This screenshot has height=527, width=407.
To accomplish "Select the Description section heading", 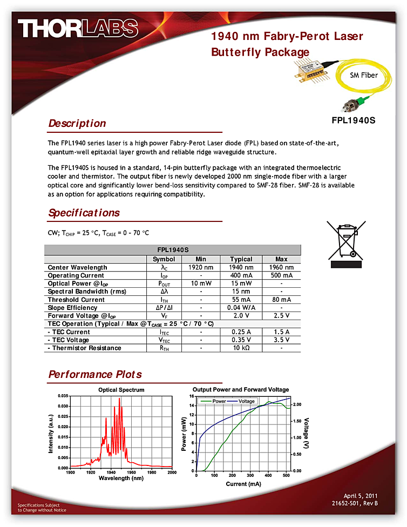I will coord(77,123).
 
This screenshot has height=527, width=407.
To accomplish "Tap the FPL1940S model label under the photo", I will coord(353,120).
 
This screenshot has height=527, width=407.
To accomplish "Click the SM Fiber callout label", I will coord(364,75).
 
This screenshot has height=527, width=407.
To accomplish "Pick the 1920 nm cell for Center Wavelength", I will coord(201,267).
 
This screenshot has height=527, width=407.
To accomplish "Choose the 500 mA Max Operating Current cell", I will coord(281,275).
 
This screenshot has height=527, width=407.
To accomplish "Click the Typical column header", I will coord(241,259).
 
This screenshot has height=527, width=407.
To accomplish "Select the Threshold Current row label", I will coord(76,300).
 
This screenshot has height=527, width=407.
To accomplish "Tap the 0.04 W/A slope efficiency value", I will coord(241,308).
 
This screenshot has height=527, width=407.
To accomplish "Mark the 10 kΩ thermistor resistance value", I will coord(241,348).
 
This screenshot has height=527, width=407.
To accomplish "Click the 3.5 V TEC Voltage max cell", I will coord(281,340).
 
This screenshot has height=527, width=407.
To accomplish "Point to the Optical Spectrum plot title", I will coord(121,389).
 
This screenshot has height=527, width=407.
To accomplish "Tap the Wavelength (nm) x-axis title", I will coord(121,478).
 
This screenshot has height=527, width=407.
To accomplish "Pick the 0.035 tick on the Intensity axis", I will coord(61,396).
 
